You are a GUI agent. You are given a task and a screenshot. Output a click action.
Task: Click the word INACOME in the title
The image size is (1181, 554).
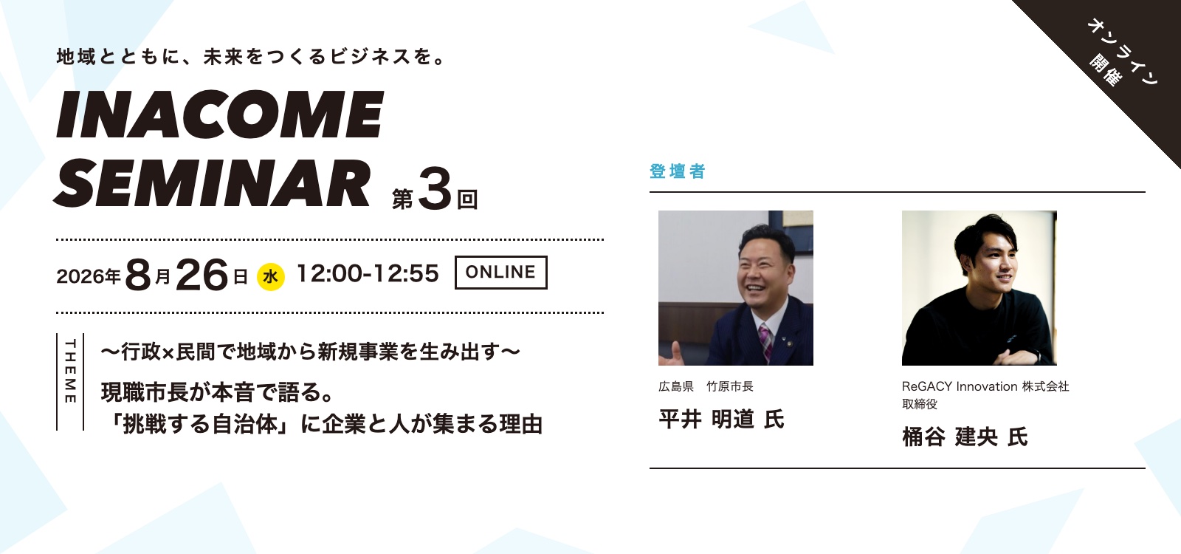point(220,114)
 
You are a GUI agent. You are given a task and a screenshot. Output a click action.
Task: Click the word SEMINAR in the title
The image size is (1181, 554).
point(212,182)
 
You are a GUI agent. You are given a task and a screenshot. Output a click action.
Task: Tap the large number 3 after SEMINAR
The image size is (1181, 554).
point(435,189)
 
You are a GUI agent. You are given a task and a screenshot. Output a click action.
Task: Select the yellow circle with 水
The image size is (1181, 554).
point(270,276)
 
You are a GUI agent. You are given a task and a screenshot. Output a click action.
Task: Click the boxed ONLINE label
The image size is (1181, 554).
point(501,273)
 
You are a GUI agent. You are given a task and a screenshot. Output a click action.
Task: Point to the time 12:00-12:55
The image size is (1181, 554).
point(368,273)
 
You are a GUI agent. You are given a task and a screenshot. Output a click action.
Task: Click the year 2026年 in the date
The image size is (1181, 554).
point(89,276)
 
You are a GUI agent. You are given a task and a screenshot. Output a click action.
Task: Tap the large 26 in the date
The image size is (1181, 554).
point(202,275)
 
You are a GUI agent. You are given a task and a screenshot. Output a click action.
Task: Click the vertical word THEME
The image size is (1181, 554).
point(70,372)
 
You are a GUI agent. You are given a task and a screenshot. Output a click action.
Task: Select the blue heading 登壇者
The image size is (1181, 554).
point(678,171)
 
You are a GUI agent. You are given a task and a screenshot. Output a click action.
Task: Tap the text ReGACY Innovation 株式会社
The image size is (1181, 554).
point(985,387)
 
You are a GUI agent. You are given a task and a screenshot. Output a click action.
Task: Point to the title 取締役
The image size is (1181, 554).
point(920,404)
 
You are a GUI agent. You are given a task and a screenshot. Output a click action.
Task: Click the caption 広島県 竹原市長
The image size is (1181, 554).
point(706,387)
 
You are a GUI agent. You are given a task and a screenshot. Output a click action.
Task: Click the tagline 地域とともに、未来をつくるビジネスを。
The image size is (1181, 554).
point(252,56)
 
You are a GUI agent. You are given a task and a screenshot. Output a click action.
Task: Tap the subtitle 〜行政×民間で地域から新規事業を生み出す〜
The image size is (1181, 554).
point(311,352)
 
